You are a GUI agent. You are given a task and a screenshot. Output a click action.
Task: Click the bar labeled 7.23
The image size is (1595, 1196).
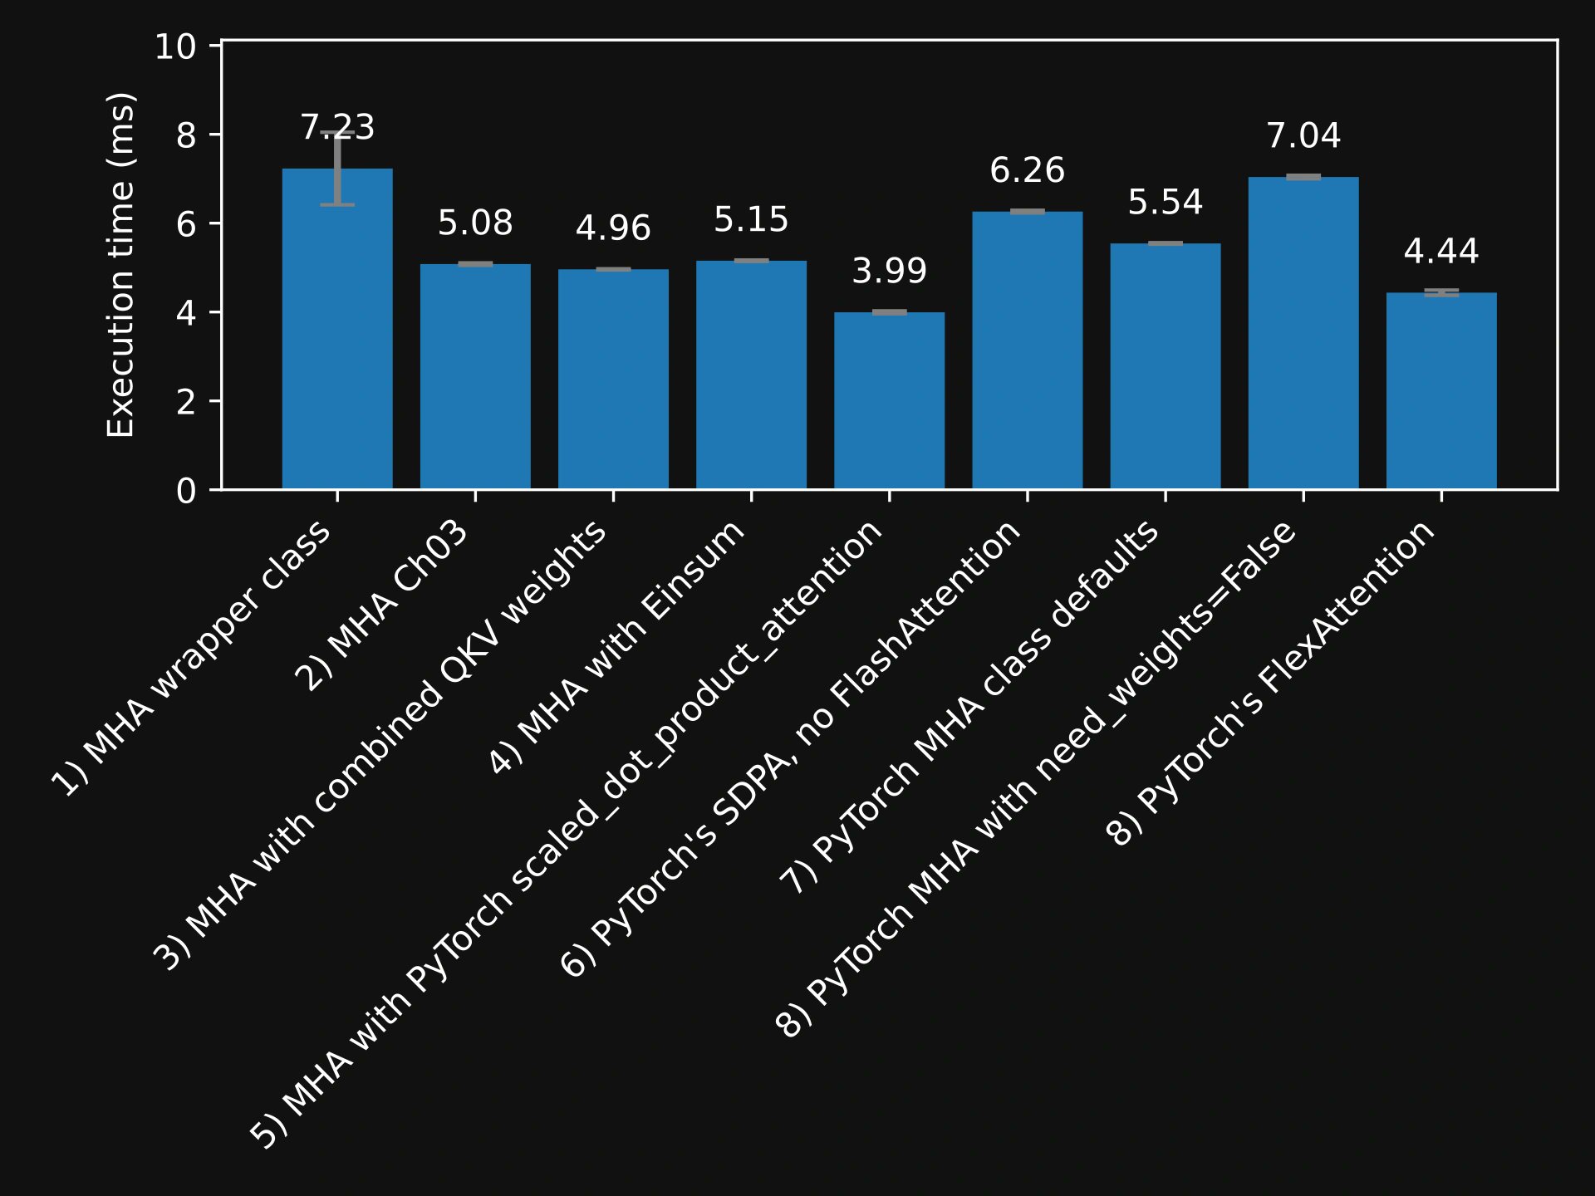click(337, 329)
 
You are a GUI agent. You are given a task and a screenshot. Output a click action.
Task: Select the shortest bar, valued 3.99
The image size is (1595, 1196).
click(889, 400)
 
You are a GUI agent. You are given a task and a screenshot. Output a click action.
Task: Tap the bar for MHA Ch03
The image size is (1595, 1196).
click(475, 376)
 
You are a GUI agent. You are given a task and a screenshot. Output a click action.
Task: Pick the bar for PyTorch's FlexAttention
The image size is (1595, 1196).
click(1441, 390)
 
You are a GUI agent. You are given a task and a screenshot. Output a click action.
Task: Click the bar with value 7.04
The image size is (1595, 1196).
click(1303, 333)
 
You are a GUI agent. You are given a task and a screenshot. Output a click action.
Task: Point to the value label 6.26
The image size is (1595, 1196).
click(1027, 170)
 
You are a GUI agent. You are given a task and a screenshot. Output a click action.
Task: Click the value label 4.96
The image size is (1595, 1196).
click(613, 228)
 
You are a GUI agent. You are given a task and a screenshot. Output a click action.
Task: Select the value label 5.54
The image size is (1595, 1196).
click(1166, 203)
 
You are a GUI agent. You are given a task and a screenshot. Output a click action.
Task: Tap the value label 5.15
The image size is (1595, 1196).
click(751, 220)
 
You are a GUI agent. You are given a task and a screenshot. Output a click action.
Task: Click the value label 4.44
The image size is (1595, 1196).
click(1441, 252)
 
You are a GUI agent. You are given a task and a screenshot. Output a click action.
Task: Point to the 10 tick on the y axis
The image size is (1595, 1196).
click(175, 47)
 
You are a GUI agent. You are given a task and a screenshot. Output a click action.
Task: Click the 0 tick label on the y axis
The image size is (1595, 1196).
click(186, 491)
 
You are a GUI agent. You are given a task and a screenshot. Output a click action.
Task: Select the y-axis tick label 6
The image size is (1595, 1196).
click(186, 224)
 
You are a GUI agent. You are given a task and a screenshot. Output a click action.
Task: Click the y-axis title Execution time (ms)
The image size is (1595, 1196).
click(121, 264)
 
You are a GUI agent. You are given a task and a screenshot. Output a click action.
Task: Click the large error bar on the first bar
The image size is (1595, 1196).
click(337, 169)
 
